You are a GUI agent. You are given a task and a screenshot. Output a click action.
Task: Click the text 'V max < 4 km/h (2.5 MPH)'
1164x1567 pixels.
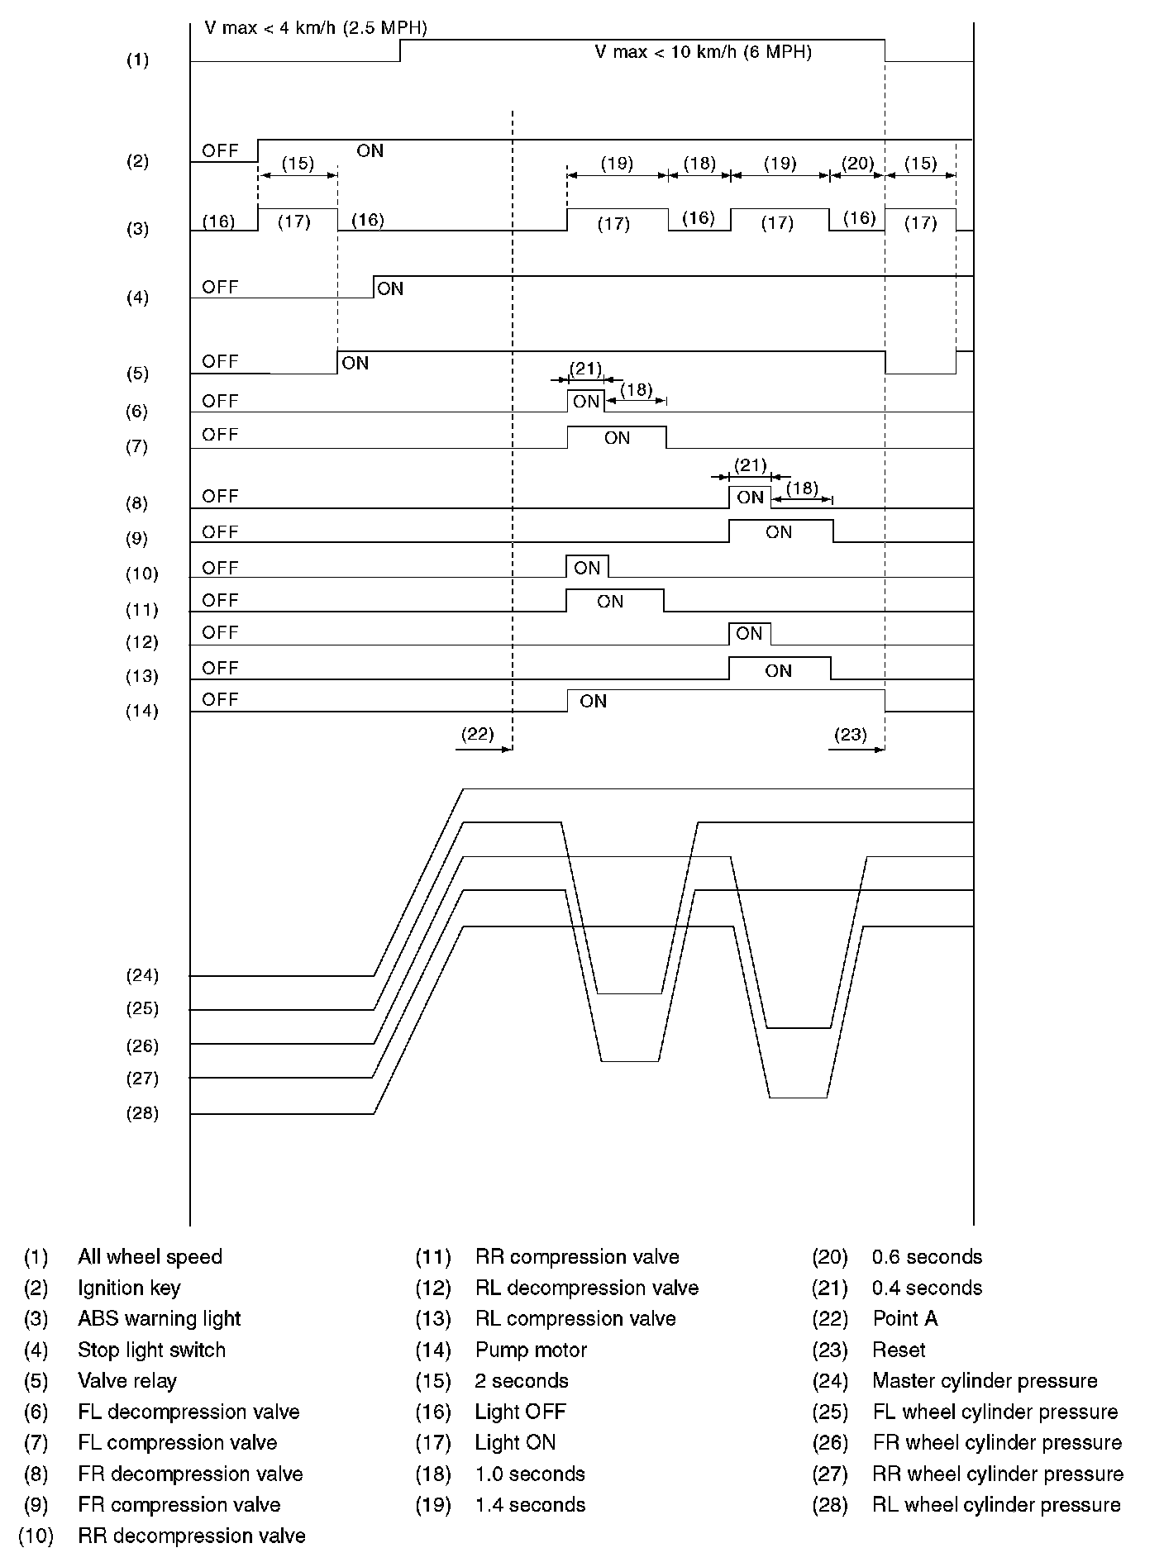[x=316, y=28]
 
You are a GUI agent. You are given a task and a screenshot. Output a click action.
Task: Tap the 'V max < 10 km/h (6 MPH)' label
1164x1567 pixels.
[x=703, y=52]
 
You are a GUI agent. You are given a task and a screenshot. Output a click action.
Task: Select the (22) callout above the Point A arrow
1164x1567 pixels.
[x=478, y=733]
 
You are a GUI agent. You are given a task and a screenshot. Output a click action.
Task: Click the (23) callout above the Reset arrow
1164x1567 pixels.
[x=851, y=733]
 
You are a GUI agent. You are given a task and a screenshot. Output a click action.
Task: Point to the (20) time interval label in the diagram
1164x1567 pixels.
[x=857, y=163]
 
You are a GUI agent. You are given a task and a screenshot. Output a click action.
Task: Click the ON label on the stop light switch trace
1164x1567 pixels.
[x=390, y=288]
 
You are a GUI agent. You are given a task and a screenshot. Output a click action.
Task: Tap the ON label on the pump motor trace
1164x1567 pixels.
[x=594, y=702]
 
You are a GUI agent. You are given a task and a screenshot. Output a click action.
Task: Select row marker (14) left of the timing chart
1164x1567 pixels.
[x=141, y=711]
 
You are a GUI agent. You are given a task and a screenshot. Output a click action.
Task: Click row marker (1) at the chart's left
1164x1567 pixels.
[x=137, y=60]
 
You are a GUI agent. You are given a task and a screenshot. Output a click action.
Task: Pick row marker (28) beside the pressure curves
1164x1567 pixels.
[x=141, y=1113]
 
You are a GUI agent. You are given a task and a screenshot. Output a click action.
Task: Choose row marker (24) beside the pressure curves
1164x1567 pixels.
[x=141, y=975]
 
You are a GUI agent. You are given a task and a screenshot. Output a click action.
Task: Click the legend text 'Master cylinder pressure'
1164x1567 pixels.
[x=985, y=1381]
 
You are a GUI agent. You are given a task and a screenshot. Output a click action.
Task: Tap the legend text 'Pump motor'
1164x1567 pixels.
[x=531, y=1350]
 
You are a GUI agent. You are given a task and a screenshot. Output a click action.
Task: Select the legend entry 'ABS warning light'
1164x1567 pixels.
[x=159, y=1319]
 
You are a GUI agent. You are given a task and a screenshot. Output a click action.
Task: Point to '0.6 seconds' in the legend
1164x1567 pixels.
[x=927, y=1257]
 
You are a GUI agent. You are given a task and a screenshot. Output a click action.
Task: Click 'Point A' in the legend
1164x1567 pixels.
[x=905, y=1319]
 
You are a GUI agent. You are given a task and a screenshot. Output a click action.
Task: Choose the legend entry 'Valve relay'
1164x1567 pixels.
[x=127, y=1381]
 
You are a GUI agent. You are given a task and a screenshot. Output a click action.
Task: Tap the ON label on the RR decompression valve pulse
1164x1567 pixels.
[x=587, y=569]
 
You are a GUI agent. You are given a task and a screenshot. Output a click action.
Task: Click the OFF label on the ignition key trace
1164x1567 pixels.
[x=221, y=150]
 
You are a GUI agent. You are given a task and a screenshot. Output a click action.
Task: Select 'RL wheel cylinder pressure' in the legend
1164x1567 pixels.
[x=996, y=1505]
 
